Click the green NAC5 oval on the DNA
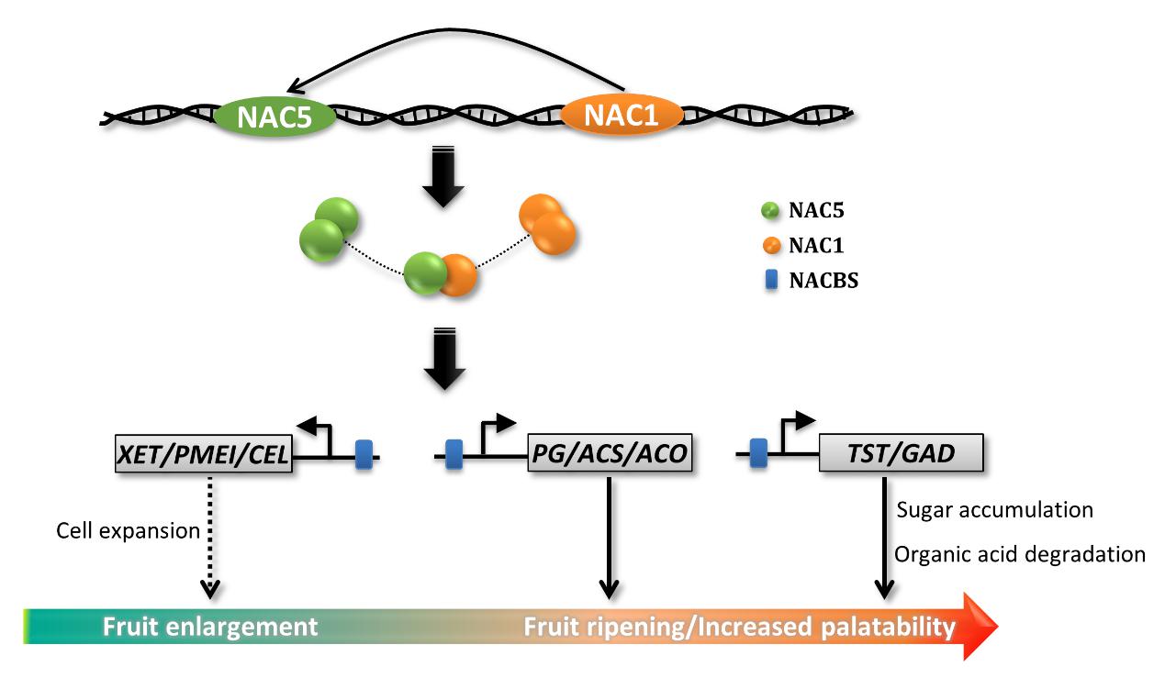pyautogui.click(x=274, y=117)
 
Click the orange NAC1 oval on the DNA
pyautogui.click(x=622, y=117)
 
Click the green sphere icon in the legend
pyautogui.click(x=771, y=211)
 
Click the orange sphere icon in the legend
pyautogui.click(x=771, y=246)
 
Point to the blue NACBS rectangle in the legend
pyautogui.click(x=771, y=280)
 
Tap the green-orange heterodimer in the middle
pyautogui.click(x=441, y=274)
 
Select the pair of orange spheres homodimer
pyautogui.click(x=547, y=222)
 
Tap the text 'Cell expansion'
pyautogui.click(x=128, y=531)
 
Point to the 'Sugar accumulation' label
pyautogui.click(x=994, y=510)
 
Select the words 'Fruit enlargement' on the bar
pyautogui.click(x=210, y=627)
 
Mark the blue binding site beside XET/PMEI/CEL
pyautogui.click(x=364, y=454)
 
